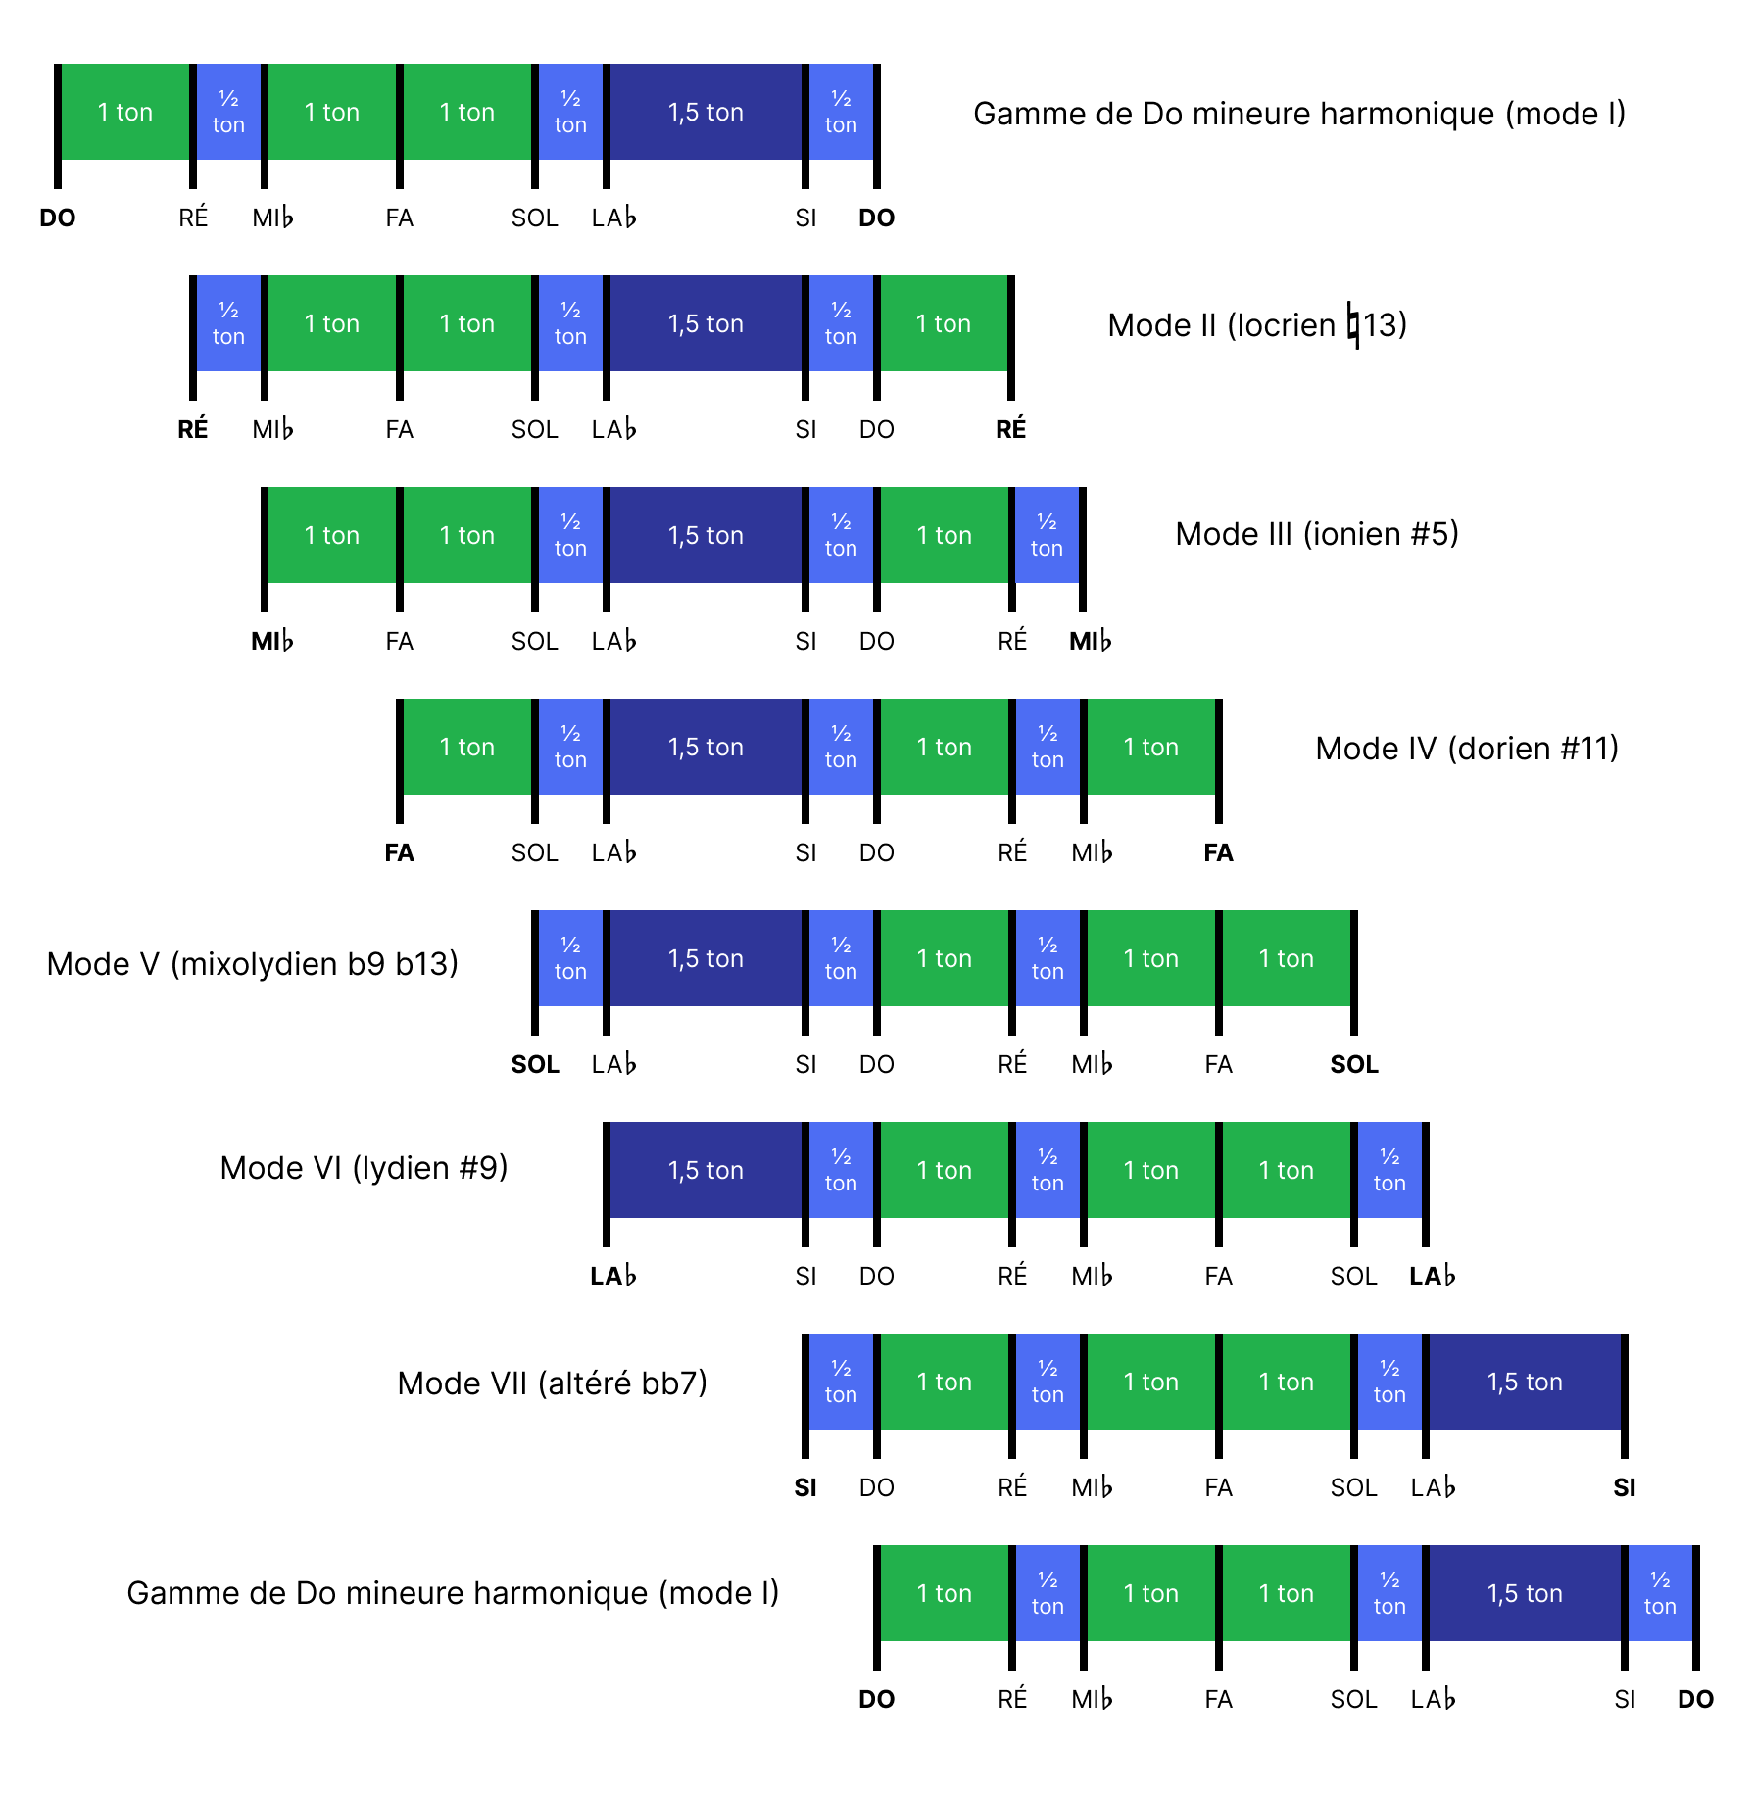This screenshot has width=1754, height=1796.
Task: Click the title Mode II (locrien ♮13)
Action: pyautogui.click(x=1256, y=324)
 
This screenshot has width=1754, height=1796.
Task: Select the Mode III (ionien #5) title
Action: pyautogui.click(x=1316, y=534)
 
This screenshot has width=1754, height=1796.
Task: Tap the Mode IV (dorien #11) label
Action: pyautogui.click(x=1466, y=749)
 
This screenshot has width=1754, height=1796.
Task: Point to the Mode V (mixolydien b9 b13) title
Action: pyautogui.click(x=253, y=964)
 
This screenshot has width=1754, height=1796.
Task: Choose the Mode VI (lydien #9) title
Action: pyautogui.click(x=364, y=1168)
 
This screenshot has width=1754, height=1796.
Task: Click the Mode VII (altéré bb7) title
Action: pyautogui.click(x=552, y=1383)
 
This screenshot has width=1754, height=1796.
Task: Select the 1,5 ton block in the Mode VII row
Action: pyautogui.click(x=1525, y=1382)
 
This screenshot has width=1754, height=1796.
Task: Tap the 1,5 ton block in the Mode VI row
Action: pyautogui.click(x=706, y=1170)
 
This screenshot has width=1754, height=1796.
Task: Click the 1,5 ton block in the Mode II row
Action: pyautogui.click(x=706, y=323)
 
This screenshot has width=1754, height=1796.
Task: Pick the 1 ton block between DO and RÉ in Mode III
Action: pyautogui.click(x=944, y=535)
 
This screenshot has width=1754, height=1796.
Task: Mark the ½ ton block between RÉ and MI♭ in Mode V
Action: pyautogui.click(x=1048, y=958)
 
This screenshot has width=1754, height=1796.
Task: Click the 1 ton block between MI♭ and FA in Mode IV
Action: pyautogui.click(x=1150, y=747)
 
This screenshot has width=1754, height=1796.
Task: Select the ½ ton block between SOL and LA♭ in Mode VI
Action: pyautogui.click(x=1389, y=1170)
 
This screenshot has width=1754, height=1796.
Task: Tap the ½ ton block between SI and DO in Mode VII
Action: pyautogui.click(x=841, y=1382)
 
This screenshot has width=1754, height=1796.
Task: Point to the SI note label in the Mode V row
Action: pyautogui.click(x=805, y=1064)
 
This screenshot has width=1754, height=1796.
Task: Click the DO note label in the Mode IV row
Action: pyautogui.click(x=876, y=852)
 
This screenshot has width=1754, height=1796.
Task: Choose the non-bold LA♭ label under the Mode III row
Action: pyautogui.click(x=613, y=641)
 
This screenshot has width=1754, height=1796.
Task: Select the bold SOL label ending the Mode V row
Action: pyautogui.click(x=1353, y=1064)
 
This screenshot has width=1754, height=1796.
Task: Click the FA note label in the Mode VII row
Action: pyautogui.click(x=1218, y=1487)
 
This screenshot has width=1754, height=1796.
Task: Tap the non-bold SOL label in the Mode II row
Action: pyautogui.click(x=534, y=429)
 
